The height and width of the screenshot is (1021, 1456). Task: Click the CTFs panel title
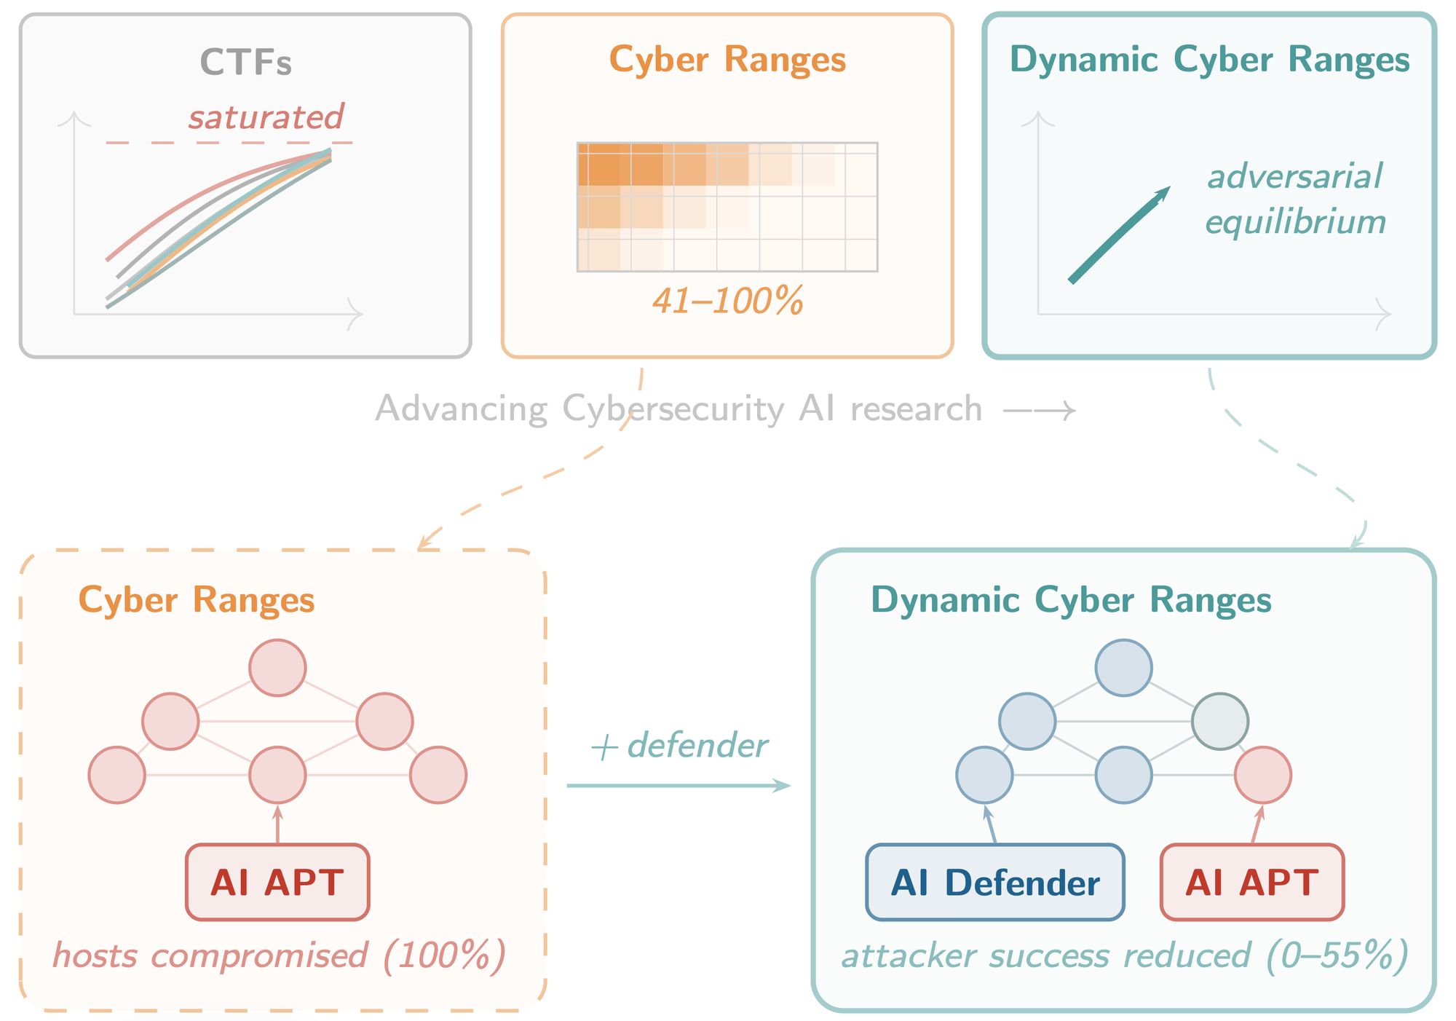click(x=246, y=63)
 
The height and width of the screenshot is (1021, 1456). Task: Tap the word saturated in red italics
click(x=266, y=117)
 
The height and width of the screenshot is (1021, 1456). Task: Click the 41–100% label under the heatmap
click(x=727, y=301)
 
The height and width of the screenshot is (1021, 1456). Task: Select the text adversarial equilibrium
click(x=1294, y=199)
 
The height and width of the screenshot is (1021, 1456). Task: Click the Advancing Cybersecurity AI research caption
click(x=678, y=409)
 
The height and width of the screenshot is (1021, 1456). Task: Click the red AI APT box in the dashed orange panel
click(x=277, y=883)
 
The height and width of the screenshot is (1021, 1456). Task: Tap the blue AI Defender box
click(x=994, y=883)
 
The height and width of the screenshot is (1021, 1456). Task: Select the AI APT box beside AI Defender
click(x=1251, y=883)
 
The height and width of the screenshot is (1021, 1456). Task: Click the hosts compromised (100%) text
click(x=279, y=955)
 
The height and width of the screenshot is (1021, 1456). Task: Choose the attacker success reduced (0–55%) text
click(x=1124, y=955)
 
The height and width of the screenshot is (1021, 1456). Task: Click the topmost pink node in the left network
click(x=277, y=668)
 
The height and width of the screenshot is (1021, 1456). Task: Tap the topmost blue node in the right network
click(x=1123, y=668)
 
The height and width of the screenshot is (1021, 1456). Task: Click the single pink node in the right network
click(x=1263, y=775)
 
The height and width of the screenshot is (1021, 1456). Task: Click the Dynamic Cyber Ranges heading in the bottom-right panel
click(x=1071, y=601)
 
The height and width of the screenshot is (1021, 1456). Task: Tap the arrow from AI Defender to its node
click(x=990, y=825)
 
